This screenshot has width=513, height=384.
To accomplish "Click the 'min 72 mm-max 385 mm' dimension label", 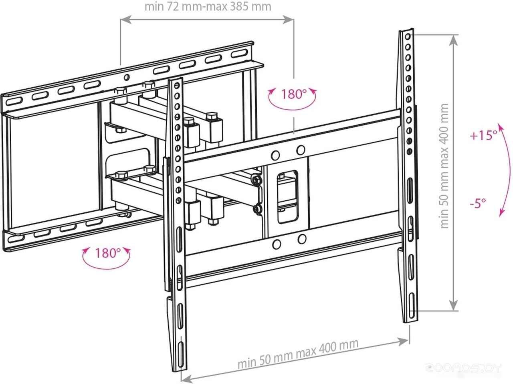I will [x=208, y=7].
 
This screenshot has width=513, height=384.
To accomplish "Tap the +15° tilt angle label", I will [x=483, y=136].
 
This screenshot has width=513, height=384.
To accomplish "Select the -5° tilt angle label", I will [x=478, y=203].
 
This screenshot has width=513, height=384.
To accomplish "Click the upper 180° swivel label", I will [x=293, y=94].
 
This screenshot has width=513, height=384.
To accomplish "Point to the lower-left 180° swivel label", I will [x=107, y=253].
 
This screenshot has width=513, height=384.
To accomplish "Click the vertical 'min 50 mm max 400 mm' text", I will [x=444, y=166].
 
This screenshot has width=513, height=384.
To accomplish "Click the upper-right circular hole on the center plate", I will [x=300, y=150].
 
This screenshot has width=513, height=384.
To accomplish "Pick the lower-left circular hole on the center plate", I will [x=276, y=244].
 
